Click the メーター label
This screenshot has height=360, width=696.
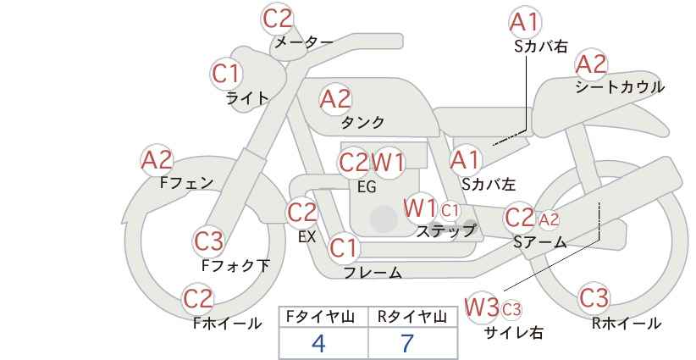[304, 42]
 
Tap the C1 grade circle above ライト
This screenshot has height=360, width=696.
[226, 74]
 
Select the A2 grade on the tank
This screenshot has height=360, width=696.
[335, 99]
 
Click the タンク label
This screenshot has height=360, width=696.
[362, 122]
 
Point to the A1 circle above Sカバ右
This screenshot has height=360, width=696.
[526, 23]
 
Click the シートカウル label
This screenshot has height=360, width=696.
[620, 86]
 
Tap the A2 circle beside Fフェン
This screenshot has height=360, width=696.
[157, 160]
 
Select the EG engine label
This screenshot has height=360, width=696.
[367, 187]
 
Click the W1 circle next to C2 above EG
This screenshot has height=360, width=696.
[388, 163]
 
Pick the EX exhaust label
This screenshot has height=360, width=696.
[307, 237]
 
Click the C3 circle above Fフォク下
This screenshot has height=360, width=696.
[208, 241]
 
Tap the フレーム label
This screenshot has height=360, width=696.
[373, 272]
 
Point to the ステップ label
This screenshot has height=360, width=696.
[445, 231]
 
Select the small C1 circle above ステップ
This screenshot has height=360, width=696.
[450, 210]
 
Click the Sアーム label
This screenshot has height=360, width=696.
[540, 242]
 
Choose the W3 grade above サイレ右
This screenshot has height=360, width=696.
[482, 307]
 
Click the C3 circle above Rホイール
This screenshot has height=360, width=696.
[594, 298]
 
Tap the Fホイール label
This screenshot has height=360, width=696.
[227, 324]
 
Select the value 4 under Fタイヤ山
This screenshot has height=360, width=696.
[318, 343]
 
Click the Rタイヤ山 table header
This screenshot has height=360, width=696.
[412, 317]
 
